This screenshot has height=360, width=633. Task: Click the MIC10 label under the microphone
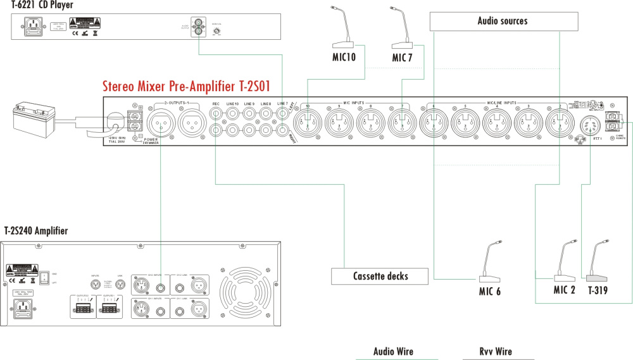coord(344,58)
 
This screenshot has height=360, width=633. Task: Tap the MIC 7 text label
coord(403,58)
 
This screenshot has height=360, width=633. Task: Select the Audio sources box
coord(502,22)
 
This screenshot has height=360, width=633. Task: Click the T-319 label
coord(598,290)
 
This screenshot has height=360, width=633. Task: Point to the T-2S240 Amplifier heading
coord(36,231)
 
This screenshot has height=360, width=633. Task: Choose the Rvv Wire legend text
coord(496,351)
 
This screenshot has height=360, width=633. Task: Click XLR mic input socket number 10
coord(307,121)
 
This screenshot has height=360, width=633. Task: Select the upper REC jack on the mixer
coord(217,115)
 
